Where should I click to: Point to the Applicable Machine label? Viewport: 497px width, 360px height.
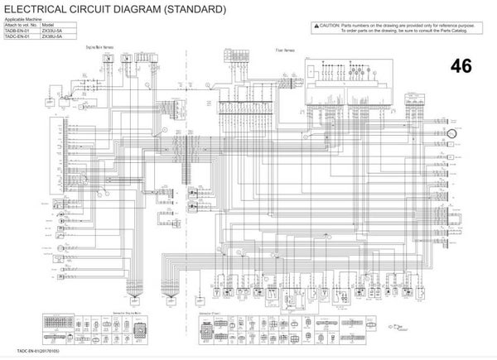click(x=22, y=18)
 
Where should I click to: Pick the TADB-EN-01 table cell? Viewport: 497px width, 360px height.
click(x=17, y=31)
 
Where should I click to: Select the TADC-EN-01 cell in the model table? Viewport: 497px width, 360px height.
click(x=17, y=38)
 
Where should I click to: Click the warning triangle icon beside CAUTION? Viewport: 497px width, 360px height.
click(x=316, y=26)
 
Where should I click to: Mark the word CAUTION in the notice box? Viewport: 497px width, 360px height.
click(x=331, y=26)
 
